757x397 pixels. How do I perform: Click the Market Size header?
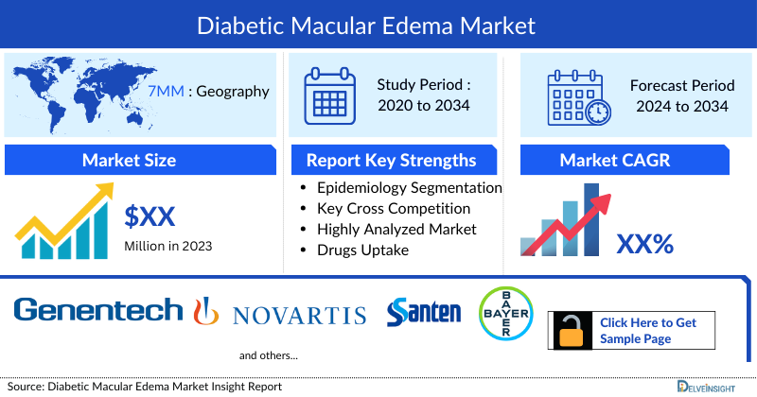[x=129, y=160]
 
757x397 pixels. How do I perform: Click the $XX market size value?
[x=150, y=216]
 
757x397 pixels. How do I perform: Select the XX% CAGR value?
[x=644, y=245]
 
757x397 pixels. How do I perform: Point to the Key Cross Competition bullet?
[x=394, y=208]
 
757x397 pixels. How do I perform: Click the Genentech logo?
[x=98, y=310]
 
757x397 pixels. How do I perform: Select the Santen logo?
[x=424, y=312]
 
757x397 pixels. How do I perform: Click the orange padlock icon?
[x=572, y=331]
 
